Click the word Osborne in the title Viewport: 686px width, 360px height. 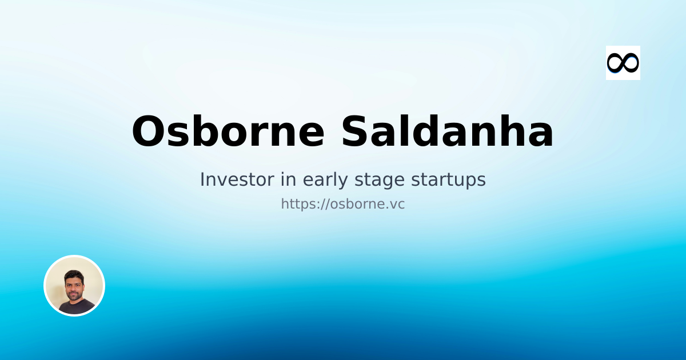[228, 132]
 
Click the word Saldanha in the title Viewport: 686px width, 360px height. [448, 132]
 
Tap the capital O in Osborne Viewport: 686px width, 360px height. [149, 132]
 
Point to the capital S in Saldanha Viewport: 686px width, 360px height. [356, 132]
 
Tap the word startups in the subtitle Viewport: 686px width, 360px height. [449, 179]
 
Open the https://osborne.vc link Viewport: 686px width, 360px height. [343, 204]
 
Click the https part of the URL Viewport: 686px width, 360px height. [298, 204]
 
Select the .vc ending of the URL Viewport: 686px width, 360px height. [395, 204]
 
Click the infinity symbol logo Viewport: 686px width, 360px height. [623, 63]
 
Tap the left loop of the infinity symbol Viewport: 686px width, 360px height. [615, 63]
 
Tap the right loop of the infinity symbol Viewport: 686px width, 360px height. [631, 63]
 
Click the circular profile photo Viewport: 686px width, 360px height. [74, 286]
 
